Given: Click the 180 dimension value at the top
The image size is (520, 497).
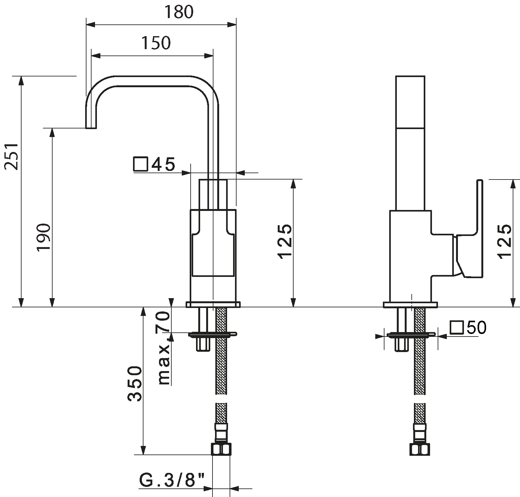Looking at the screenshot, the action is click(x=179, y=12).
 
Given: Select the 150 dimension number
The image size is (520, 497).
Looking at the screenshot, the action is click(x=156, y=43).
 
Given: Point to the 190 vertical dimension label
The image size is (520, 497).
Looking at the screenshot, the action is click(x=43, y=237).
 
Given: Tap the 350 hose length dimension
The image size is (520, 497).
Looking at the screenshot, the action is click(x=134, y=384).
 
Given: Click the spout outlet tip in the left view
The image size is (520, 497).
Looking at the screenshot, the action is click(x=91, y=128).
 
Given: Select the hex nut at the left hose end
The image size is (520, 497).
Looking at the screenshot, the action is click(x=221, y=449).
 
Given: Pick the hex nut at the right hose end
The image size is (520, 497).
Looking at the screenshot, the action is click(x=420, y=449).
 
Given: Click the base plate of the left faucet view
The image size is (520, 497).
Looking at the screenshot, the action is click(x=213, y=305).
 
